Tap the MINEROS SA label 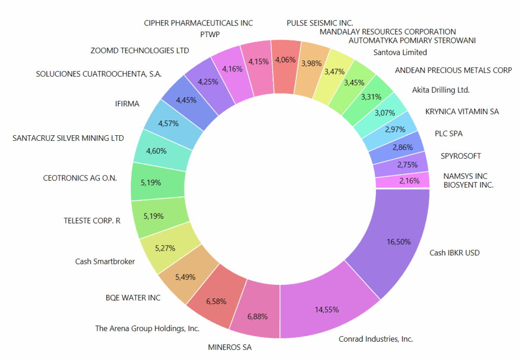[x=229, y=348]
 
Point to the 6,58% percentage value [x=216, y=302]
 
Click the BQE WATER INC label [x=133, y=297]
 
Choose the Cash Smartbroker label [x=105, y=261]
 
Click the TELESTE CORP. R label [x=92, y=221]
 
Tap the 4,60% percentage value [x=155, y=150]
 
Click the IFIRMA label [x=127, y=104]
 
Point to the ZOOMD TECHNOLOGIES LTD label [x=139, y=51]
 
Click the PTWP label [x=210, y=35]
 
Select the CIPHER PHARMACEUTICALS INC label [x=198, y=23]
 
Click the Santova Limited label [x=400, y=52]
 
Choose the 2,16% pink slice [x=402, y=180]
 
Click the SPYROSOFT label [x=460, y=156]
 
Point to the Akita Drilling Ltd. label [x=441, y=90]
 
